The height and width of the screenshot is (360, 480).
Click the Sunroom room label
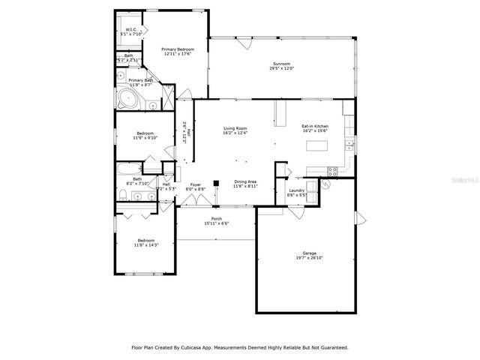coord(282,64)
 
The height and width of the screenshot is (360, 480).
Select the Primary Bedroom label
coord(176,49)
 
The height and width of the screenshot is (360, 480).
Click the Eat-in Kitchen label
coord(314,126)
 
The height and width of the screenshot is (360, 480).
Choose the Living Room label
coord(235,128)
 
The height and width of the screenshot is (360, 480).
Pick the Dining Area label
coord(246,181)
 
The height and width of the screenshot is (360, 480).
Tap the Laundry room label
coord(296,190)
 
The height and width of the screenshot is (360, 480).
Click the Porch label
coord(216,218)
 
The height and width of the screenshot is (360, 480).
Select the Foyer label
coord(196,184)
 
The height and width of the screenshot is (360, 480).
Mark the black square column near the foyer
coord(216,182)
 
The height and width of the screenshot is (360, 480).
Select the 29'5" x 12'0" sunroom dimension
coord(282,68)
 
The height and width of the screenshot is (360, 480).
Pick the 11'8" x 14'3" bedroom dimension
coord(145,244)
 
